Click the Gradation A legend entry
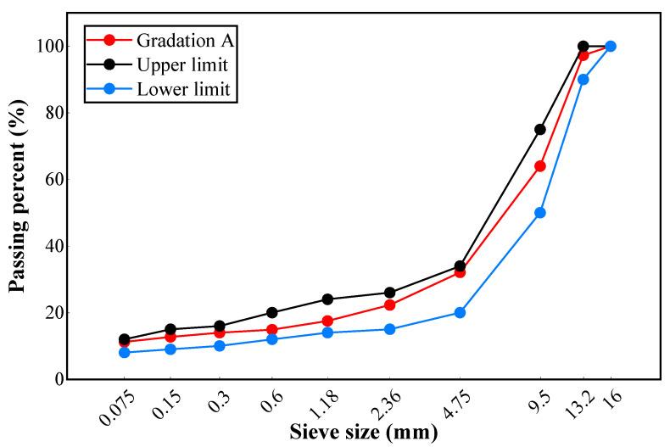click(x=169, y=40)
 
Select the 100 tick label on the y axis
click(x=49, y=46)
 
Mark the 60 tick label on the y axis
click(x=53, y=179)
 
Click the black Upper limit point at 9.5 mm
click(x=540, y=130)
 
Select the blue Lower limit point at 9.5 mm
click(x=540, y=213)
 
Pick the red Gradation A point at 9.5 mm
click(x=540, y=166)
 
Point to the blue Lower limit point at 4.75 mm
click(x=460, y=312)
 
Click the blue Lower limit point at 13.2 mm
click(x=583, y=80)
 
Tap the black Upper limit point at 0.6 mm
click(x=271, y=312)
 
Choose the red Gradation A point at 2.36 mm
click(x=389, y=305)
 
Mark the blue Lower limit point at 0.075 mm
click(x=125, y=352)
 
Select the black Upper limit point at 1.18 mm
click(x=327, y=299)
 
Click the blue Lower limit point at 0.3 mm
click(x=220, y=346)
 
